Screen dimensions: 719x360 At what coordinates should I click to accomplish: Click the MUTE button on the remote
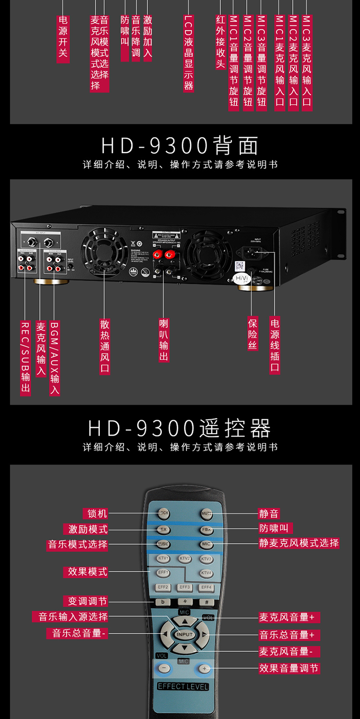[207, 513]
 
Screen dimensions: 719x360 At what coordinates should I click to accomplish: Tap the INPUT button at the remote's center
[184, 634]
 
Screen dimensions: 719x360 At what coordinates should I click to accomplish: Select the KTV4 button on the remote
[206, 573]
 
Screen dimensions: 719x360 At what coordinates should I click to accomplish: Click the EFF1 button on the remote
[164, 573]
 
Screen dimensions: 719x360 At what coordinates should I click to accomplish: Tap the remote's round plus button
[205, 668]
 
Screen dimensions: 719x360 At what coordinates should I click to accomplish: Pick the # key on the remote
[206, 602]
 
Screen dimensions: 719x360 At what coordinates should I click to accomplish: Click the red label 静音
[269, 513]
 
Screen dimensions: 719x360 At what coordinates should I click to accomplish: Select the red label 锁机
[97, 513]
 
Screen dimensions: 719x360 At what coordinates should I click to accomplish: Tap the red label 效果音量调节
[289, 668]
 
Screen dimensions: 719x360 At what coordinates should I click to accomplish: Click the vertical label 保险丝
[253, 333]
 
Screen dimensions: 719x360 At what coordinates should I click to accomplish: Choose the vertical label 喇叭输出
[164, 339]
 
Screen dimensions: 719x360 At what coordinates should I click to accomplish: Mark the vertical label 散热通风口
[105, 346]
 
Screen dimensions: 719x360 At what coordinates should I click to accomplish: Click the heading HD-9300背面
[180, 146]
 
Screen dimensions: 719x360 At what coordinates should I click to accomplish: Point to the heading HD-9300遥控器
[180, 428]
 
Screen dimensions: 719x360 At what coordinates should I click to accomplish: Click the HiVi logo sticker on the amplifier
[241, 279]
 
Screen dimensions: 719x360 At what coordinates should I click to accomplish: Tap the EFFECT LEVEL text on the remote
[183, 686]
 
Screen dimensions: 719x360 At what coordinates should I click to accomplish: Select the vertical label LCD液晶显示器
[189, 53]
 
